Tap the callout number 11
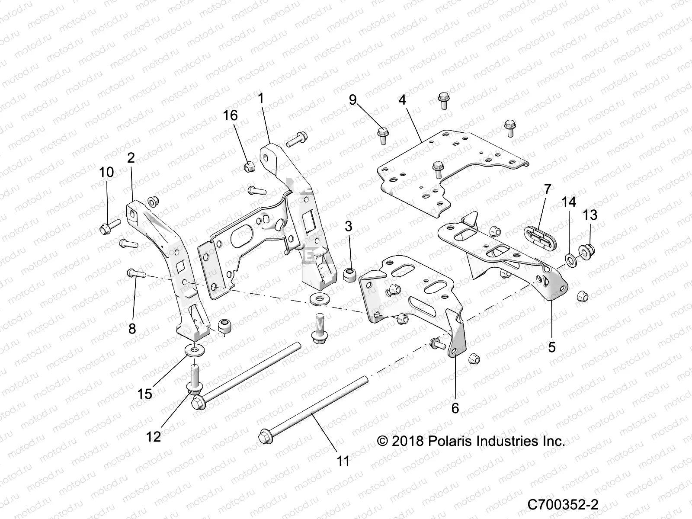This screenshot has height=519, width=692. click(343, 461)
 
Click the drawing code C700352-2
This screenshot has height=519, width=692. click(563, 504)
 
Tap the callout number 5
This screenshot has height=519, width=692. click(551, 347)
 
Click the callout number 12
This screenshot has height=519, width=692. click(154, 436)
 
